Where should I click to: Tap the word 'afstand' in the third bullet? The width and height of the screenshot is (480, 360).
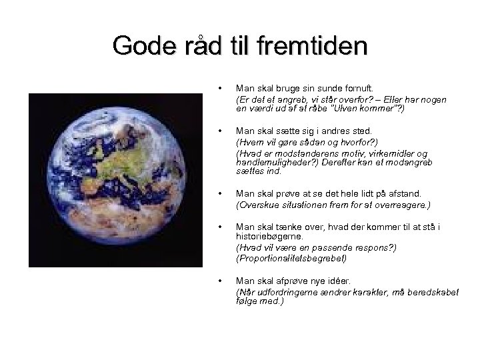(x=388, y=193)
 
